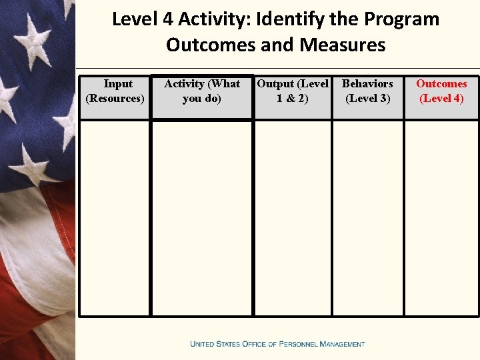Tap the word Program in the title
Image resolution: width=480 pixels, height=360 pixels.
pos(405,19)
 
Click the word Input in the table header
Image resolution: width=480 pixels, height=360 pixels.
pos(118,84)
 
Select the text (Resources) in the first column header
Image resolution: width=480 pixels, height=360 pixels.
pos(115,99)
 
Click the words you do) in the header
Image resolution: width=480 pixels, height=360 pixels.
pos(201,99)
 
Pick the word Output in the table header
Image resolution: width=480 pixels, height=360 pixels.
pos(275,84)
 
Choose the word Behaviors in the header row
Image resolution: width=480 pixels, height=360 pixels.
pos(367,84)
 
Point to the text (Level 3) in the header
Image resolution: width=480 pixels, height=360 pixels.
pos(367,99)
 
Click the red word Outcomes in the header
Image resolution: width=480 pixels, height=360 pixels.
pos(441,84)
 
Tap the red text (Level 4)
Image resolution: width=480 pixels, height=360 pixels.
pos(441,99)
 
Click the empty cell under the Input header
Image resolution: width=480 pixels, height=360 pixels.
pos(115,217)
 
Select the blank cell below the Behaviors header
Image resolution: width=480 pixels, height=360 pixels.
pos(367,217)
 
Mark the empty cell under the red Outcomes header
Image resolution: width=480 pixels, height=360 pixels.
pos(441,217)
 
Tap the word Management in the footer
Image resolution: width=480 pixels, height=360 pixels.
pos(343,344)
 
